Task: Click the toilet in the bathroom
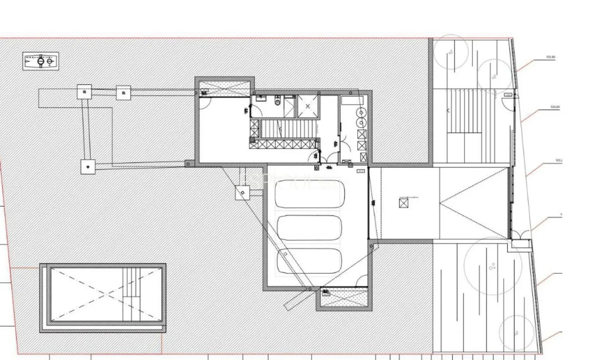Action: [x=277, y=102]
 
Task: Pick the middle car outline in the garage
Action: [x=309, y=227]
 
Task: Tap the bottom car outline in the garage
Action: [x=309, y=261]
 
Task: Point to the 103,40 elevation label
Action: [x=555, y=107]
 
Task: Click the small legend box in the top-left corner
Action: [x=40, y=61]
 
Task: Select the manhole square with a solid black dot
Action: [x=88, y=167]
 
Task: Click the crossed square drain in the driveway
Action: [x=403, y=203]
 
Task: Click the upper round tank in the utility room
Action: [x=361, y=112]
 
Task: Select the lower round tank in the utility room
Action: [x=361, y=122]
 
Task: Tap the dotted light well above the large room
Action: [x=225, y=89]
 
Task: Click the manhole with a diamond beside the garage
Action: [x=243, y=193]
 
